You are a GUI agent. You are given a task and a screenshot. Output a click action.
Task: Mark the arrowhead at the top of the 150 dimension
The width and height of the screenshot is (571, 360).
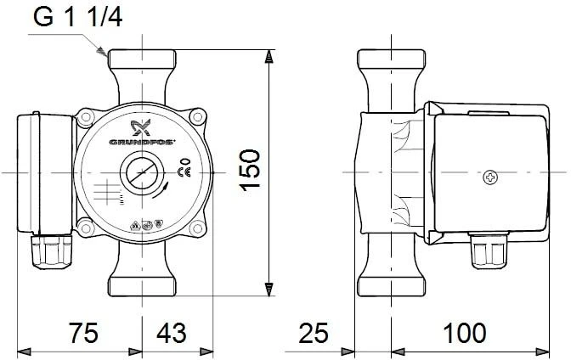click(269, 57)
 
